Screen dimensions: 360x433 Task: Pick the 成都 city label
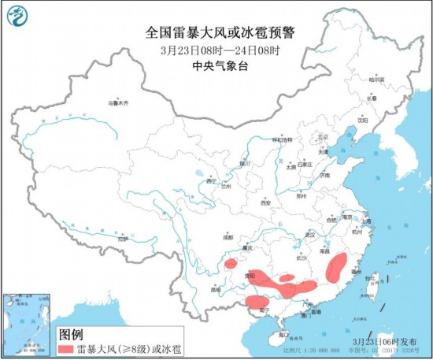228,236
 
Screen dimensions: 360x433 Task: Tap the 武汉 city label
309,235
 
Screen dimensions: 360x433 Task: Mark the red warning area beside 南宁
257,302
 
